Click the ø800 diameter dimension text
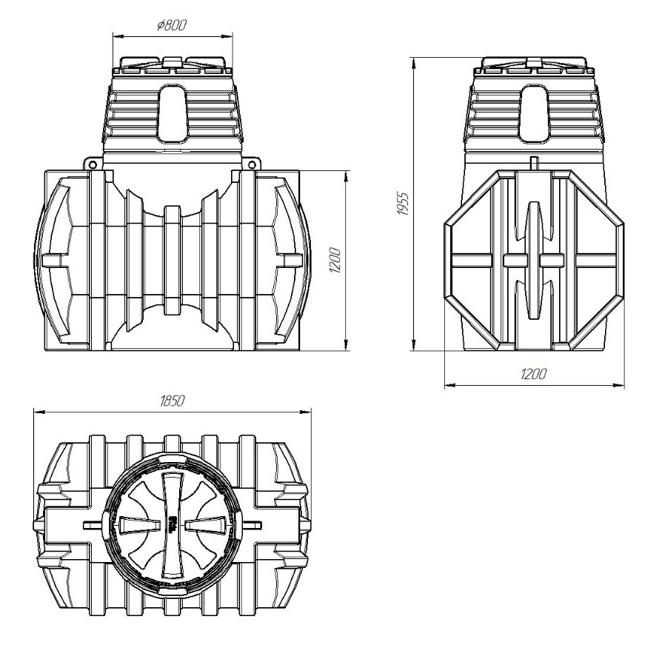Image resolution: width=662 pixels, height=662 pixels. pos(171,25)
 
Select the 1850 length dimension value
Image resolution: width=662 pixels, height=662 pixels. pos(173,401)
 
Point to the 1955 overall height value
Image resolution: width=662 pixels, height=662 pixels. pos(403,204)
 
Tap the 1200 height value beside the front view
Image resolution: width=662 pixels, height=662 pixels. pos(335,260)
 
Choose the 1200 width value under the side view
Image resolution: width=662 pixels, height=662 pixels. pos(533,374)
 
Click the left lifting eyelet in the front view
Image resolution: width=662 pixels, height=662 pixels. pos(93,164)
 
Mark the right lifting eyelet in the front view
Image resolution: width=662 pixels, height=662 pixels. pos(252,164)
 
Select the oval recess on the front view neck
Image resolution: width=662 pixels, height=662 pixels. pos(173,113)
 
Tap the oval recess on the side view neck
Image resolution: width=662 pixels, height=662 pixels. pos(534,113)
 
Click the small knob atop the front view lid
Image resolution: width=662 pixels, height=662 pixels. pos(172,61)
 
